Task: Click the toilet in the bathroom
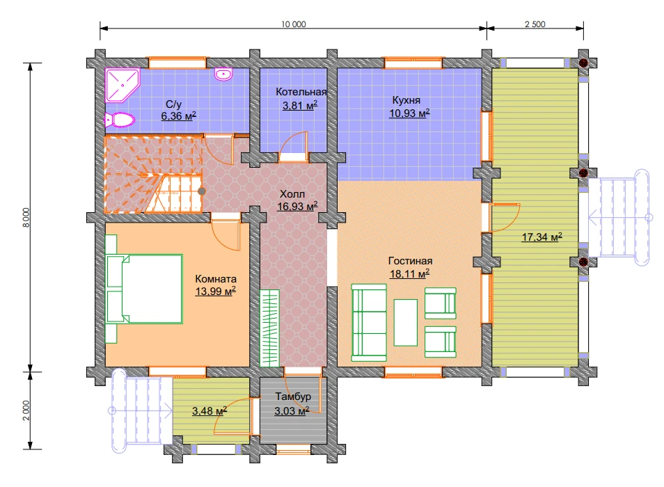(x=120, y=120)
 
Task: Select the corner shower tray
(x=122, y=86)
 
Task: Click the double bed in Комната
(x=144, y=289)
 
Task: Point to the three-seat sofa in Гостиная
(x=369, y=323)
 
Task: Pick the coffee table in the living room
(x=405, y=323)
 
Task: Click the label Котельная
(x=301, y=92)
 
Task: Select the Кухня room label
(x=406, y=100)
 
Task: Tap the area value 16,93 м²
(x=297, y=207)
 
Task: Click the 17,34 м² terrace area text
(x=542, y=237)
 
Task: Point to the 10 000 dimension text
(x=294, y=24)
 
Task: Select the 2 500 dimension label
(x=535, y=24)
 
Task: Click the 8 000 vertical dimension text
(x=26, y=218)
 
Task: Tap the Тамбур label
(x=293, y=397)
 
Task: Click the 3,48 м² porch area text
(x=210, y=410)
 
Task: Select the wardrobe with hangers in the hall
(x=270, y=328)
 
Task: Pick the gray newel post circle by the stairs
(x=202, y=191)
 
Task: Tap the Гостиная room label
(x=410, y=261)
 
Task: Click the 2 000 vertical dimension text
(x=26, y=410)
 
